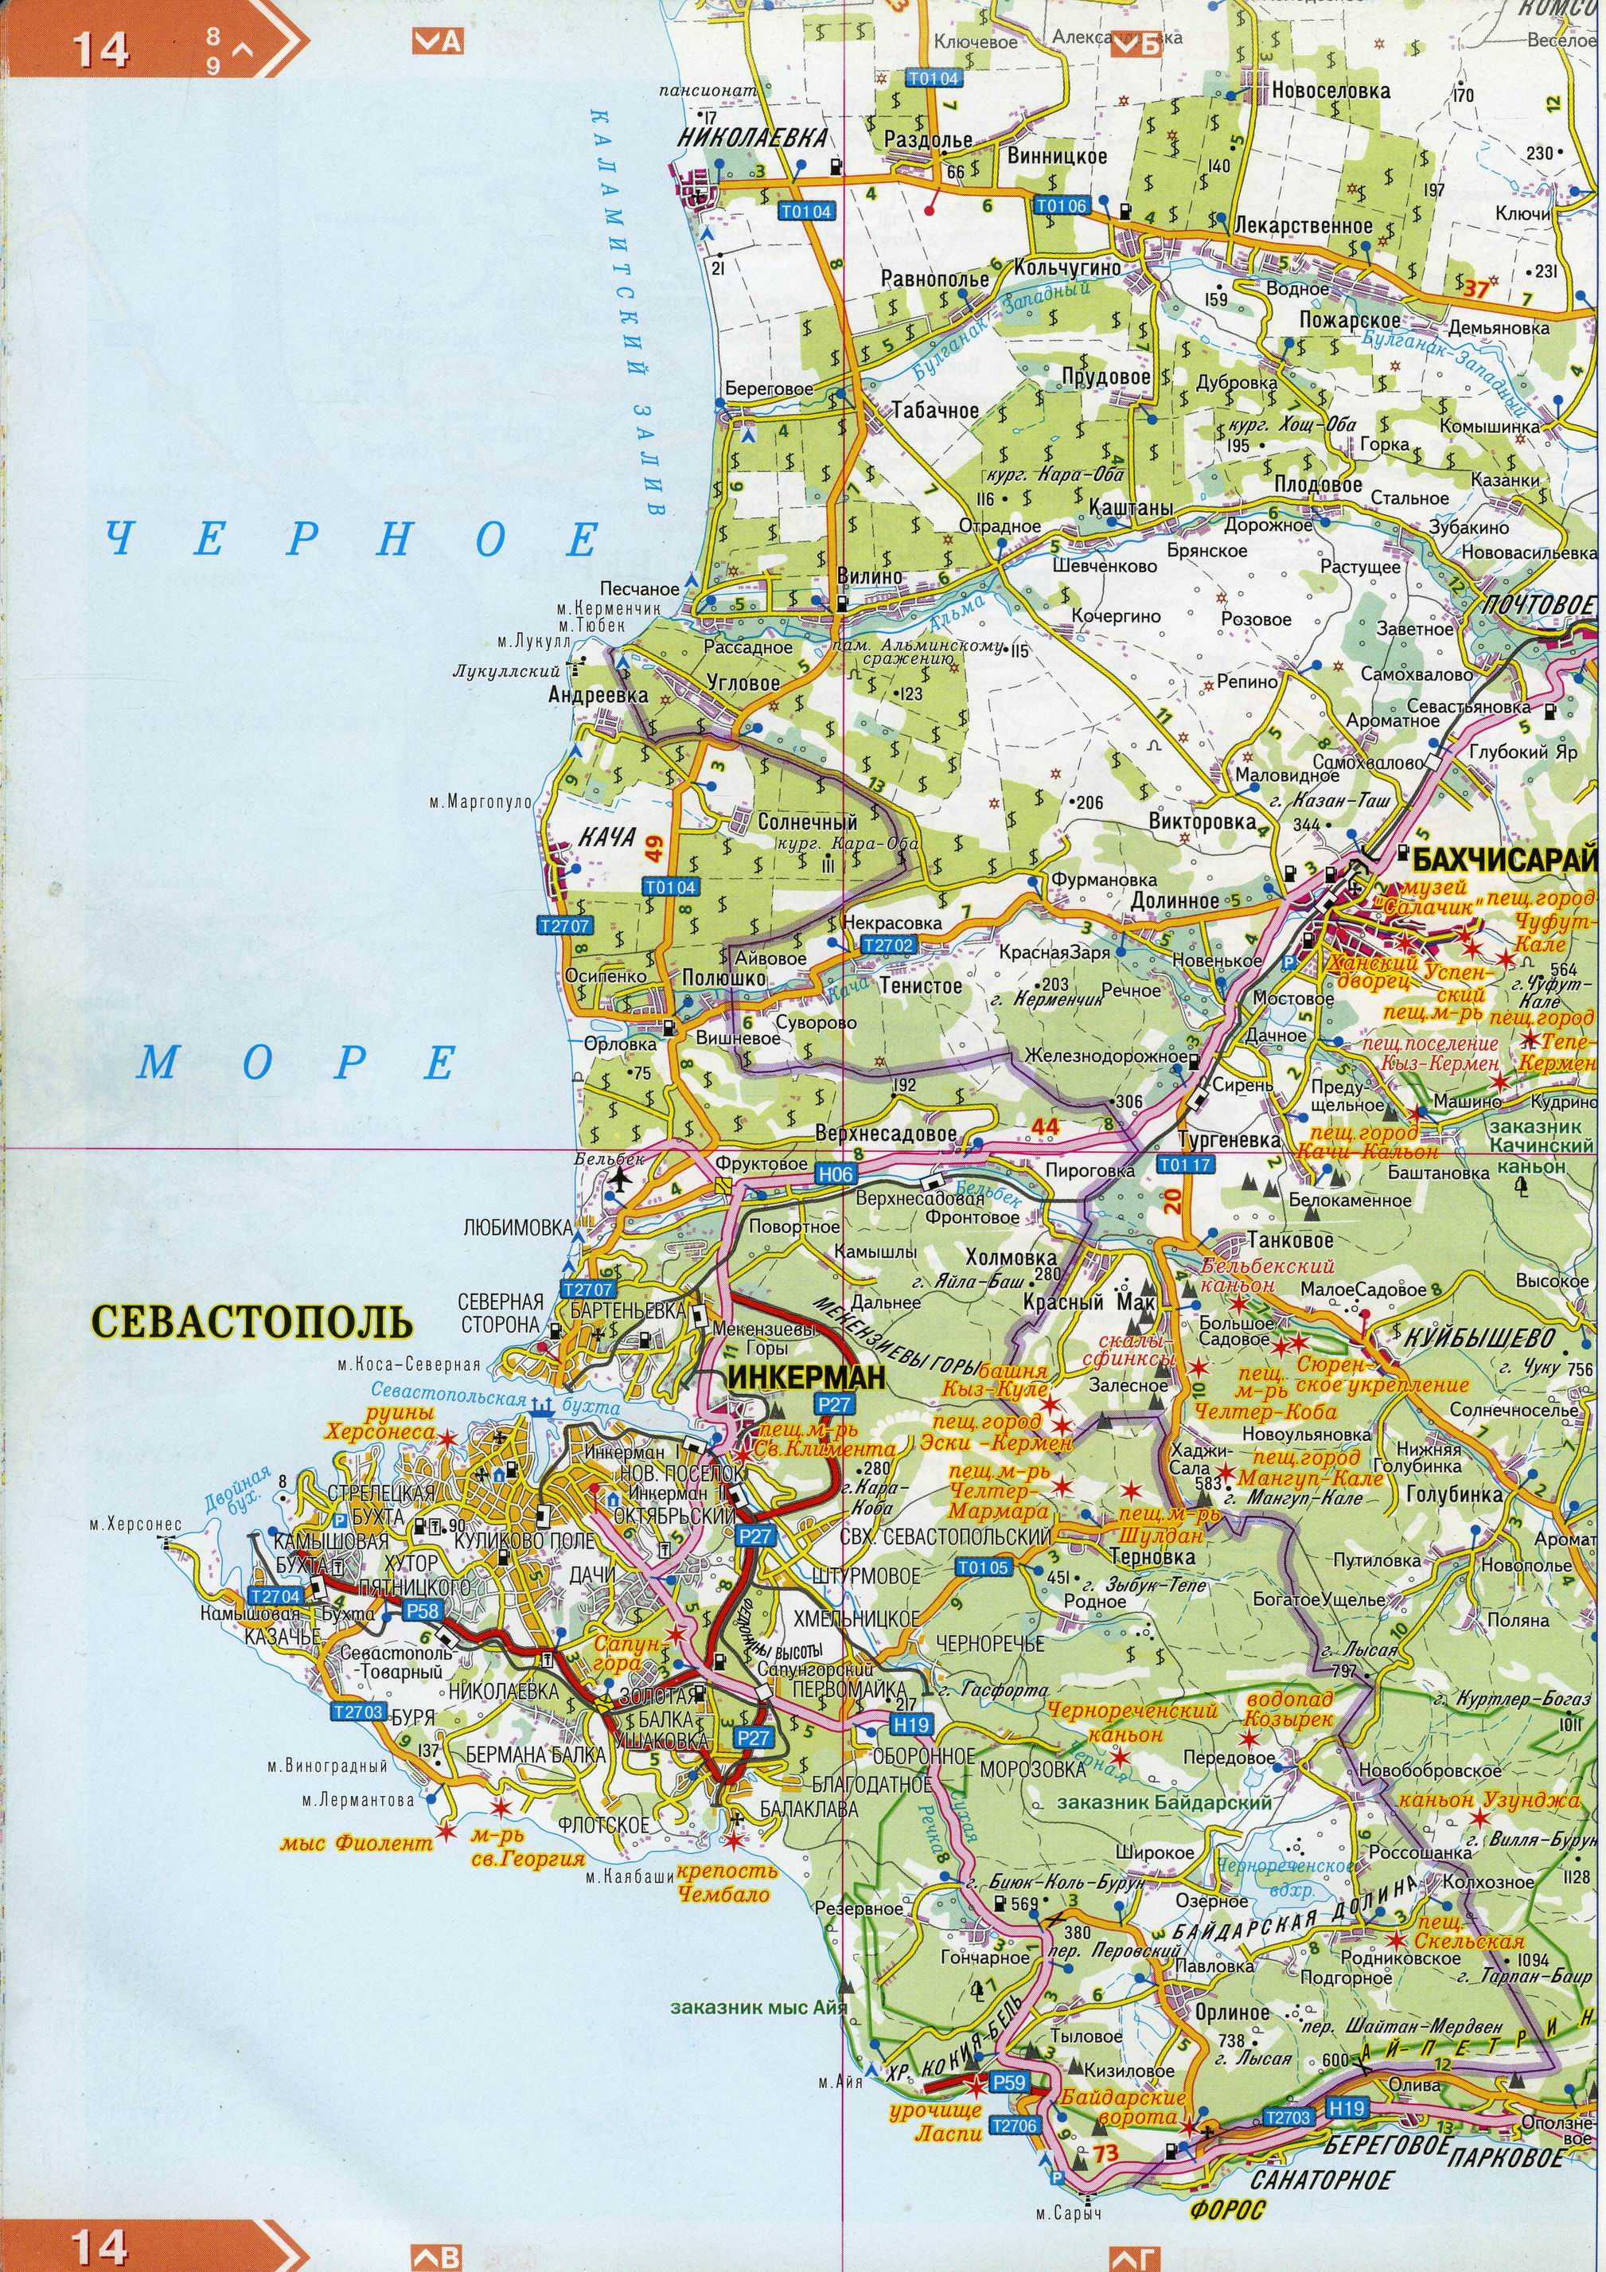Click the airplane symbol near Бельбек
pos(621,1178)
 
